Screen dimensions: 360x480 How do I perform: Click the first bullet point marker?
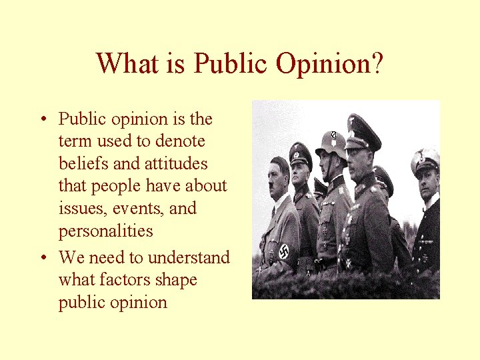42,120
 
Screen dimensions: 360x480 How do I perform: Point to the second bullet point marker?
42,258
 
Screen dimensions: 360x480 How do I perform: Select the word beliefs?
84,163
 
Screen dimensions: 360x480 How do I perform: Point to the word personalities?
106,231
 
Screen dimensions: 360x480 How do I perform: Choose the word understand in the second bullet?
189,257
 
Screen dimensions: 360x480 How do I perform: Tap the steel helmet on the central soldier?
331,143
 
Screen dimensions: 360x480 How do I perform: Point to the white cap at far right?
425,160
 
